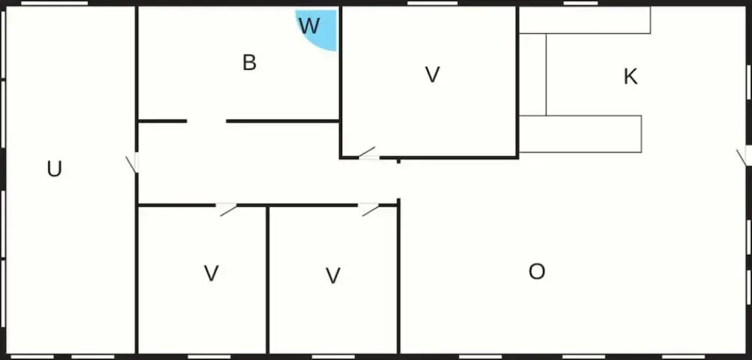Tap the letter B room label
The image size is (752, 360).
click(249, 63)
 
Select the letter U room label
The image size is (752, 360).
click(54, 168)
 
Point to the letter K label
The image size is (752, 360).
click(631, 77)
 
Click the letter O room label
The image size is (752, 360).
click(537, 271)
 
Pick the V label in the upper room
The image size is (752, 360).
click(433, 75)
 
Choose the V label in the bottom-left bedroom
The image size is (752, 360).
click(212, 273)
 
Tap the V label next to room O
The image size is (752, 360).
click(333, 276)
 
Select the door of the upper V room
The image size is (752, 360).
click(368, 153)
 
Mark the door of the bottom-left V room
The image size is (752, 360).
click(227, 209)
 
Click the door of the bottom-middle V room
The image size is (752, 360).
click(370, 209)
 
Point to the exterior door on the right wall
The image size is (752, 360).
click(743, 156)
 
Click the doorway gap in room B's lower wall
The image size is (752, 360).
click(206, 121)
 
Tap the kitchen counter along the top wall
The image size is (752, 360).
click(585, 20)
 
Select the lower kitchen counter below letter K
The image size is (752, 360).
click(581, 134)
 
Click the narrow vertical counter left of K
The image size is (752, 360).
click(532, 75)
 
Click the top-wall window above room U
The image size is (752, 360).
click(55, 4)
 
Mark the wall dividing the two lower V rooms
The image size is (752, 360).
click(268, 280)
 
